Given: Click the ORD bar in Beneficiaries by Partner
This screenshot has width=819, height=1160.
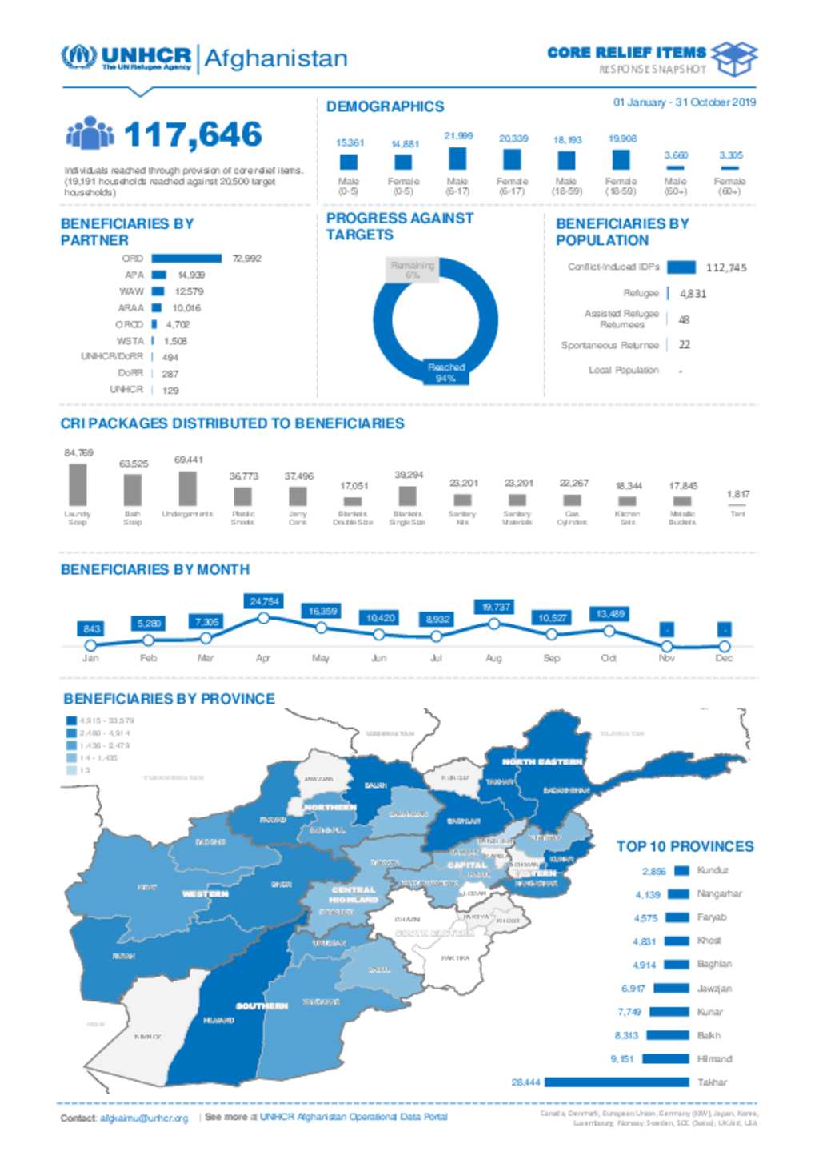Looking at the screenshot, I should tap(186, 258).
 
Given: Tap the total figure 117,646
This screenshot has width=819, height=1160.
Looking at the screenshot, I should tap(193, 134).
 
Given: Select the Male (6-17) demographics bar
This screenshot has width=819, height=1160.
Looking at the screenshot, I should tap(457, 158).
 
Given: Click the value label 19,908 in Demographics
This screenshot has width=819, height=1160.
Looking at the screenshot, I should tap(622, 138).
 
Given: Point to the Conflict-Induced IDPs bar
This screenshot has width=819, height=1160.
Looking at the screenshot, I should tap(681, 267).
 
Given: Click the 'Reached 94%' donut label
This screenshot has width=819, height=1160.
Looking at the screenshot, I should tap(446, 372).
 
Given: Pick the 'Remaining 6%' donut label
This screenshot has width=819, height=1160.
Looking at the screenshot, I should tap(413, 270).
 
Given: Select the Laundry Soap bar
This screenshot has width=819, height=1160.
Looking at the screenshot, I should tap(78, 484).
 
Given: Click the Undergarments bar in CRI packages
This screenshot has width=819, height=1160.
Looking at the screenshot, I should tap(188, 488).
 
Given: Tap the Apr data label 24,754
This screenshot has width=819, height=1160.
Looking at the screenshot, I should tap(265, 601).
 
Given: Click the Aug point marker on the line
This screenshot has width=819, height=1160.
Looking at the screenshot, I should tap(494, 624).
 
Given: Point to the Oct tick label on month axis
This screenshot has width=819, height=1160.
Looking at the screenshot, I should tap(609, 658).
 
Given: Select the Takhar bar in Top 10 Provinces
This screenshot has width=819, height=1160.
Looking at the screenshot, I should tap(616, 1082).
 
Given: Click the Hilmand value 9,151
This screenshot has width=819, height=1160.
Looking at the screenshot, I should tap(622, 1058).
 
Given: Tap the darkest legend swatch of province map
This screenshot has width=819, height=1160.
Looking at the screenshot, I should tap(71, 720).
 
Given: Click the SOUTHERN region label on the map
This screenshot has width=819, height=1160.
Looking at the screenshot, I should tap(262, 1005).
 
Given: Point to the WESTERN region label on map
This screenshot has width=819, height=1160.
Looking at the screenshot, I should tap(206, 893).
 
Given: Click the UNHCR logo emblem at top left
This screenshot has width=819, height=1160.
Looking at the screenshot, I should tap(78, 57).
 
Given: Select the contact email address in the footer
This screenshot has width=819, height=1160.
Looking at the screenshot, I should tap(144, 1118).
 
